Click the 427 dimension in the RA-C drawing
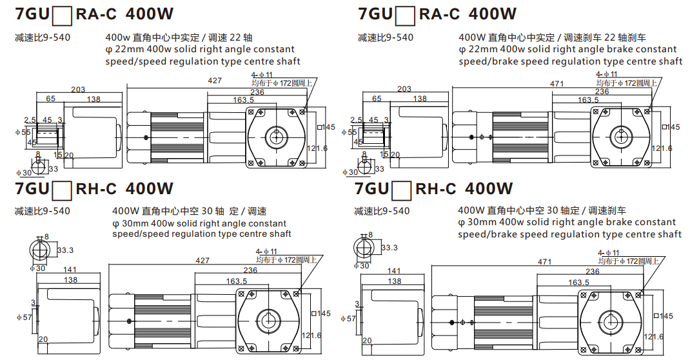coord(215,81)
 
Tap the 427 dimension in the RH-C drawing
coord(203,261)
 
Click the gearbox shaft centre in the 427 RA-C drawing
coord(275,137)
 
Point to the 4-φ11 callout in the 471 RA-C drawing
coord(607,75)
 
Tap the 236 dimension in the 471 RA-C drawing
coord(602,92)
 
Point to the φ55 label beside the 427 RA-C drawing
coord(23,132)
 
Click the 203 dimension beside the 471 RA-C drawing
coord(404,89)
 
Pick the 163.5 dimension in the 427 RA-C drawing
coord(242,100)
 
